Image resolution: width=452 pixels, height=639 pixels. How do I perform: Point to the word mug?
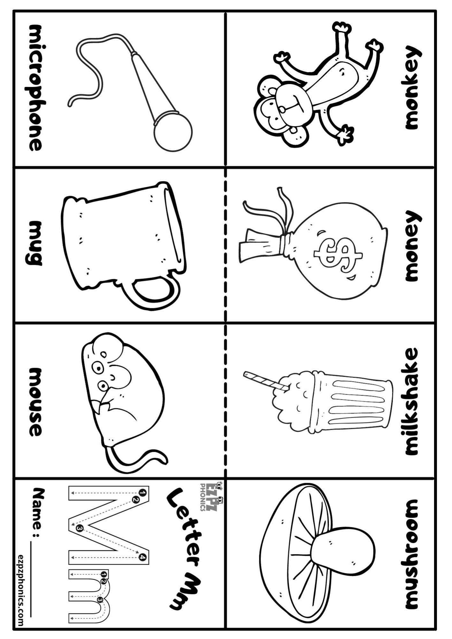click(x=35, y=243)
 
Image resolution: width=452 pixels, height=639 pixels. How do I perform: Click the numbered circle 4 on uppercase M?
click(x=143, y=558)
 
